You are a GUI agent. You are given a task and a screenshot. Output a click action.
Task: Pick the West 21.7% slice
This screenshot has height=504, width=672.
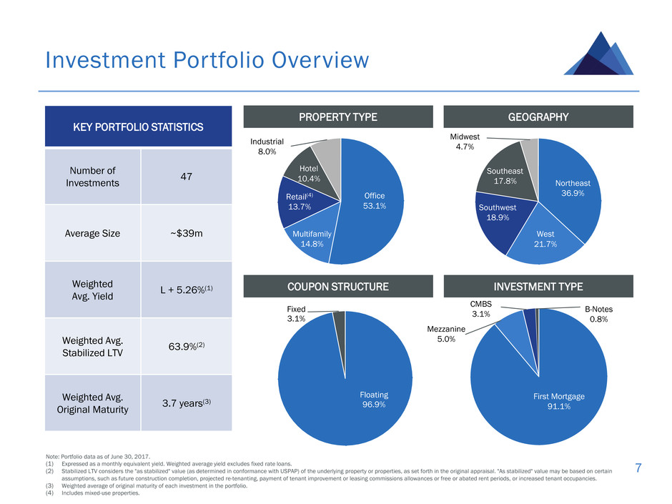click(x=545, y=240)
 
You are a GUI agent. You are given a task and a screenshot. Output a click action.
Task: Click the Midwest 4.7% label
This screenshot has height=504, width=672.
click(x=465, y=142)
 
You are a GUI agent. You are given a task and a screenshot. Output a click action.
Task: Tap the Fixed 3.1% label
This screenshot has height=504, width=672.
click(x=296, y=314)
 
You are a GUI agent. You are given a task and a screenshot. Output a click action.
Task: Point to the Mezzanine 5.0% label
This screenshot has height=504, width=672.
click(x=446, y=334)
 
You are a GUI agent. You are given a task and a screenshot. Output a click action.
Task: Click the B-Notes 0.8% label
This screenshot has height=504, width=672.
click(x=598, y=314)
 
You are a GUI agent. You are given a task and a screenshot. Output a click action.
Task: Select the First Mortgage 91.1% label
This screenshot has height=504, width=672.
click(x=559, y=401)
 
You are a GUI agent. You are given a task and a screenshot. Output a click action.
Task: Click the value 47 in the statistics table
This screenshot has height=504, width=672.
click(x=187, y=177)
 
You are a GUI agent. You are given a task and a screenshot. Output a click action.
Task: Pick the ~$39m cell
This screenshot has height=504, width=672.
click(x=187, y=233)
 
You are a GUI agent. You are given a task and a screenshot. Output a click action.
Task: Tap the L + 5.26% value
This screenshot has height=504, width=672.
click(x=187, y=290)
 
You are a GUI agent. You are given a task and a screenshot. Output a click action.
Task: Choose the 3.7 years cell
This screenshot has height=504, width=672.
click(x=187, y=403)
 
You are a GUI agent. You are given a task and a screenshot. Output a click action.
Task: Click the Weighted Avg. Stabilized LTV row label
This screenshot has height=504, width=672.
click(x=92, y=346)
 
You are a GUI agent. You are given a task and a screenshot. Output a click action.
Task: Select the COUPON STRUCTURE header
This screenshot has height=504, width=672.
click(x=338, y=286)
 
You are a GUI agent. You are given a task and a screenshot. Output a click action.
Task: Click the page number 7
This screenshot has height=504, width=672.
click(x=638, y=468)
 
